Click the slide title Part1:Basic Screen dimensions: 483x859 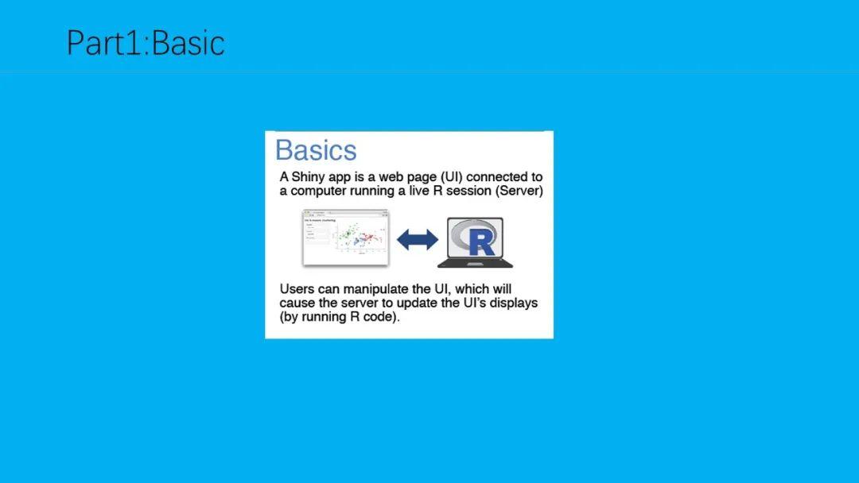146,42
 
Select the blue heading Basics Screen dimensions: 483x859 316,150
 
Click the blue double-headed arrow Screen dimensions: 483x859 418,239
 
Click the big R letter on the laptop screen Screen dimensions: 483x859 481,241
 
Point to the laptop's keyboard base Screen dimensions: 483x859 475,262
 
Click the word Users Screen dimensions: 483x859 297,288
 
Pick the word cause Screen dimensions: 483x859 297,303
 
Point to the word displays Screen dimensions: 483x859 511,303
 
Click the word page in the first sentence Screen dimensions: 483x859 434,177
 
